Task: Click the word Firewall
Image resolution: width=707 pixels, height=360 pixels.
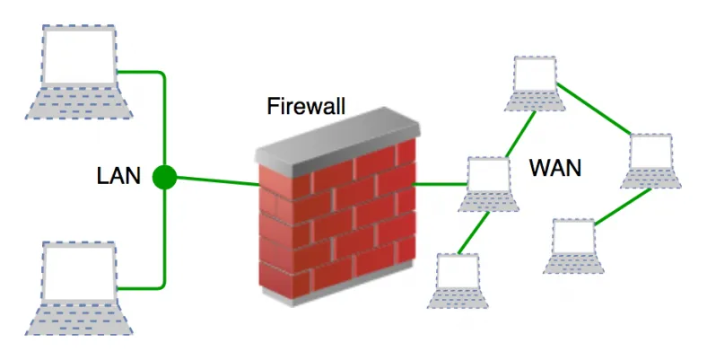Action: pos(306,105)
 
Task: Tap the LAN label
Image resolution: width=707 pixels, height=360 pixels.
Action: pos(118,176)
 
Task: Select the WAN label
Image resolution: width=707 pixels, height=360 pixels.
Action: pos(555,167)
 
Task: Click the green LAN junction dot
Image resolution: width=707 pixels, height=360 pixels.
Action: pos(164,177)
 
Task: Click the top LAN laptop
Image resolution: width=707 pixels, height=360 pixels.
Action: pos(78,72)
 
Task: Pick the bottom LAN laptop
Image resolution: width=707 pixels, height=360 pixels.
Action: pos(78,287)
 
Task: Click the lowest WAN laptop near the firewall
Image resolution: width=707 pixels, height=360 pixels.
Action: pos(461,280)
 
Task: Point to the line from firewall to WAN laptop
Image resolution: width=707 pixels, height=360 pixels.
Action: pos(440,184)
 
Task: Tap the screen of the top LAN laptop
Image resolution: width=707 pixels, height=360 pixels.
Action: pos(79,57)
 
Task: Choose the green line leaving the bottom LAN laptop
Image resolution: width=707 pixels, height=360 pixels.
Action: pos(144,288)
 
